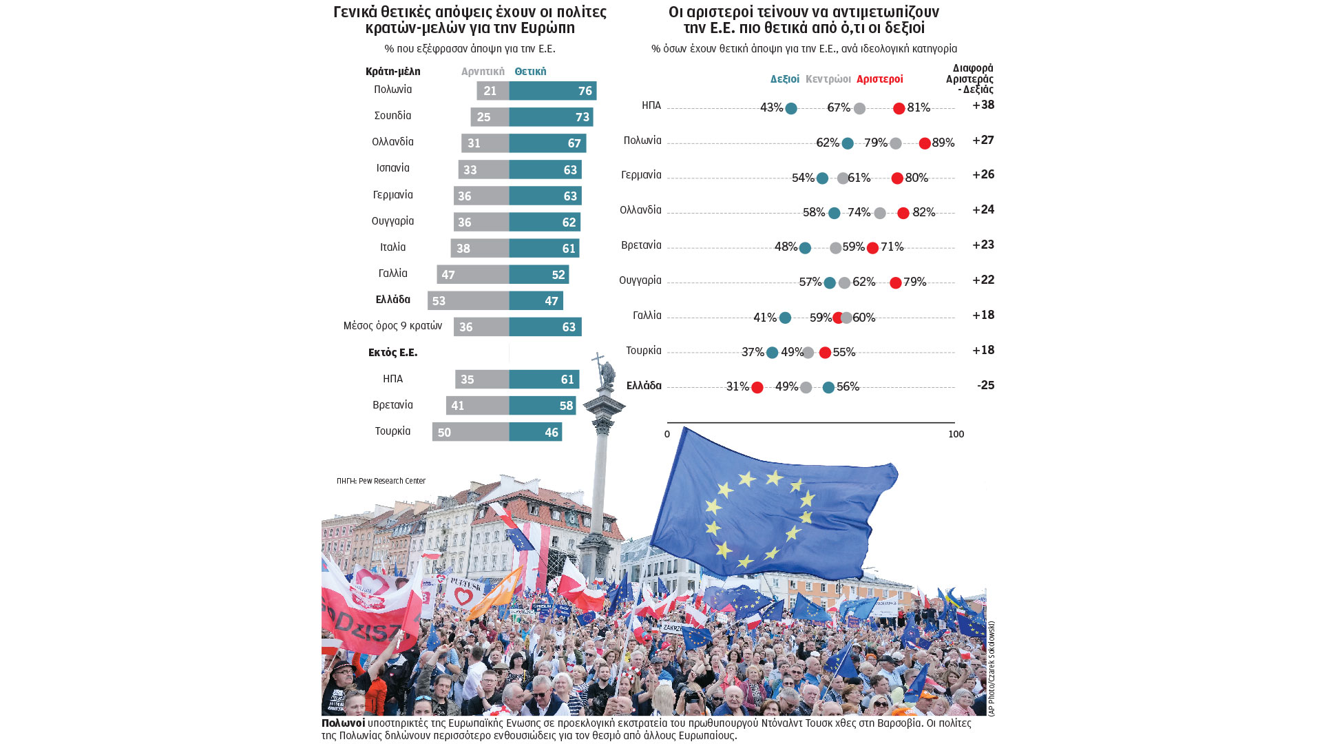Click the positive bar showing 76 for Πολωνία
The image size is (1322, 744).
(x=553, y=91)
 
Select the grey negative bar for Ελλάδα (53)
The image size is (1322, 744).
(x=468, y=301)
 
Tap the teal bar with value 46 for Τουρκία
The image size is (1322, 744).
(x=536, y=433)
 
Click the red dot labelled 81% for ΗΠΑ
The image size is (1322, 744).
(x=899, y=109)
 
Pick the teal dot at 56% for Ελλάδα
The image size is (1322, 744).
(x=828, y=388)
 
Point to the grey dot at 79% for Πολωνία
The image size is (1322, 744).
(x=895, y=143)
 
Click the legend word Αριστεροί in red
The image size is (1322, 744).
(x=879, y=79)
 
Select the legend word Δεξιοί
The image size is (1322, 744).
(x=784, y=79)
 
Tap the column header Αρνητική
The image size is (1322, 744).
(x=483, y=72)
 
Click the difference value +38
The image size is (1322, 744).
(x=983, y=105)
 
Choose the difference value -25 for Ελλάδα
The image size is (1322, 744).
(x=985, y=386)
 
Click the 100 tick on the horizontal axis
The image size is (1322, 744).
(x=956, y=434)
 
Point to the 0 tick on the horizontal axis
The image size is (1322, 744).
(x=667, y=434)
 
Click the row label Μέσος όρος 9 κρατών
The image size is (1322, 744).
(x=392, y=326)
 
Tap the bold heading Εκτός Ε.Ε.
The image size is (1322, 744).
(x=392, y=353)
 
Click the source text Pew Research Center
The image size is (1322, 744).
(x=392, y=481)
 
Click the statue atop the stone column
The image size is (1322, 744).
(x=604, y=372)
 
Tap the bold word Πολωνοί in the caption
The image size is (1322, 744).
(x=343, y=723)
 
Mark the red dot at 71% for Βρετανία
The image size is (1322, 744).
(x=872, y=248)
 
